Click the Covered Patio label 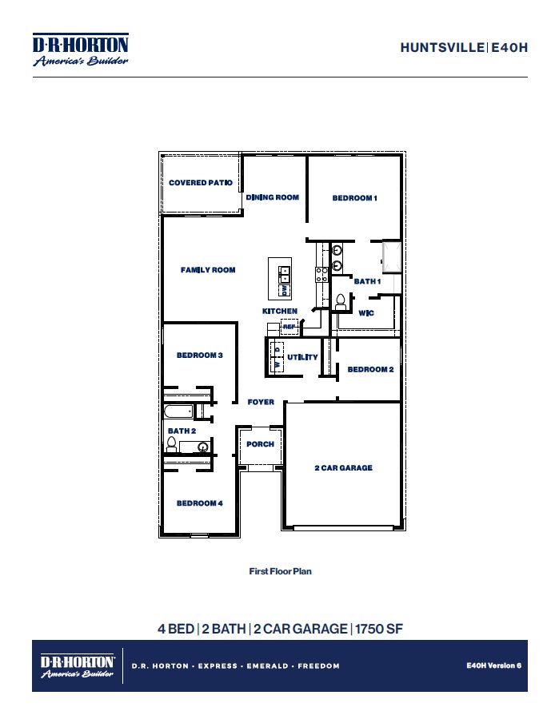click(x=200, y=183)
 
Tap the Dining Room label click(x=273, y=197)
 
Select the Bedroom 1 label click(x=354, y=198)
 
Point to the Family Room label click(x=208, y=270)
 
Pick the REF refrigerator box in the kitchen click(x=289, y=327)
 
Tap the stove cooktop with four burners click(x=322, y=275)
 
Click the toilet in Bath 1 click(x=341, y=301)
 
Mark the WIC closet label click(x=366, y=313)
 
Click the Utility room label click(x=303, y=357)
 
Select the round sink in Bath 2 click(x=202, y=447)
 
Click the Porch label click(x=261, y=444)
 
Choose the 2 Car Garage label click(x=343, y=468)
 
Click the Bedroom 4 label click(x=199, y=503)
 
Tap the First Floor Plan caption click(x=280, y=571)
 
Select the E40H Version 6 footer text click(x=493, y=665)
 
